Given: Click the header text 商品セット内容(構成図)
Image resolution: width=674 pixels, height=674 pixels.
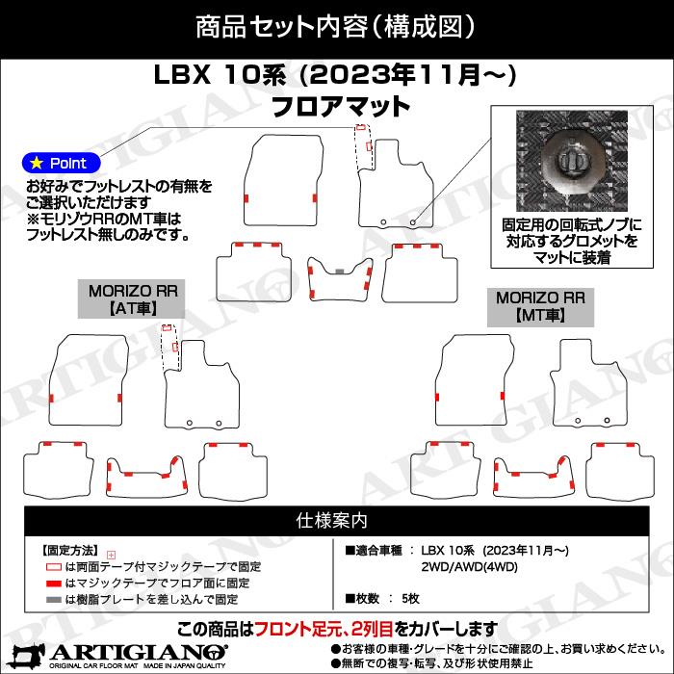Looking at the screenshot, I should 337,24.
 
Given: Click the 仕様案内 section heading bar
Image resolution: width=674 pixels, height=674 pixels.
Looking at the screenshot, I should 337,521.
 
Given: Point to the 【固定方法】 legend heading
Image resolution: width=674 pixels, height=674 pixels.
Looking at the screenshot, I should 70,550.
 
